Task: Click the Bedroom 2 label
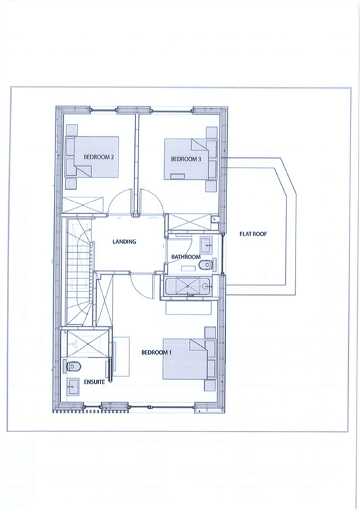pyautogui.click(x=99, y=157)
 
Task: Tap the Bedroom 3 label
pyautogui.click(x=186, y=159)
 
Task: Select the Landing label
pyautogui.click(x=125, y=242)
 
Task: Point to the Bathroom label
pyautogui.click(x=186, y=257)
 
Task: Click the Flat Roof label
pyautogui.click(x=253, y=234)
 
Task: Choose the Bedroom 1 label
pyautogui.click(x=156, y=352)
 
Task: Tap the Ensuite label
pyautogui.click(x=94, y=382)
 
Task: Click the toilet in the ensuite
pyautogui.click(x=73, y=366)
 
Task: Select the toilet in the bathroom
pyautogui.click(x=206, y=265)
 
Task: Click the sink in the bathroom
pyautogui.click(x=206, y=244)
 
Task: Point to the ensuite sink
pyautogui.click(x=73, y=386)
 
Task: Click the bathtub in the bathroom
pyautogui.click(x=188, y=286)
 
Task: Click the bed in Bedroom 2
pyautogui.click(x=92, y=157)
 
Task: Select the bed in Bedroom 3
pyautogui.click(x=190, y=159)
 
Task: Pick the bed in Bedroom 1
pyautogui.click(x=189, y=359)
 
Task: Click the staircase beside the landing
pyautogui.click(x=78, y=271)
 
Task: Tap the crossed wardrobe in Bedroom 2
pyautogui.click(x=82, y=205)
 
